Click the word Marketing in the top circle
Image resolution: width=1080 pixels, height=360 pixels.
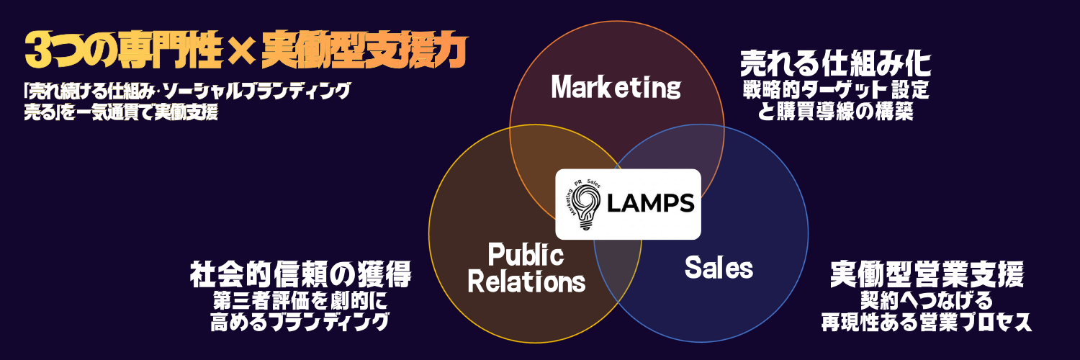click(616, 88)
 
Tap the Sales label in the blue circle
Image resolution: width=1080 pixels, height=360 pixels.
click(718, 268)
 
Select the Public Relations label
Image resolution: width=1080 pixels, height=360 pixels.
click(526, 267)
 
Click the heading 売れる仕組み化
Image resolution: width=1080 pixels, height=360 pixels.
click(836, 66)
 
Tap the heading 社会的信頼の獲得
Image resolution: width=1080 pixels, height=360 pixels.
click(300, 274)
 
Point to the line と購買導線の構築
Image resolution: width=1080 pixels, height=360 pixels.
click(836, 112)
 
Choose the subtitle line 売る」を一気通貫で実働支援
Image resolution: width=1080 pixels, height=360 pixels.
click(120, 112)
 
